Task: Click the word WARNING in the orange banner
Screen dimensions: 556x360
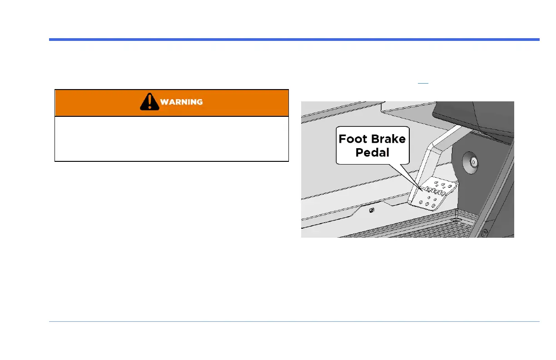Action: (x=181, y=102)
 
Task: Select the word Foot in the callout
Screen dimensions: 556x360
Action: (x=353, y=139)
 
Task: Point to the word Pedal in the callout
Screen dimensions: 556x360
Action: (x=372, y=152)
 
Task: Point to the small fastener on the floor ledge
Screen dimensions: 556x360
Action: (x=371, y=210)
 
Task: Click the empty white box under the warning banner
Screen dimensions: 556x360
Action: (x=172, y=139)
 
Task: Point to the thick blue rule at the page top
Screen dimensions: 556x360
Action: (x=294, y=40)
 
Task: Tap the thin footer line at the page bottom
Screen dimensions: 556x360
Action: (x=294, y=322)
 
